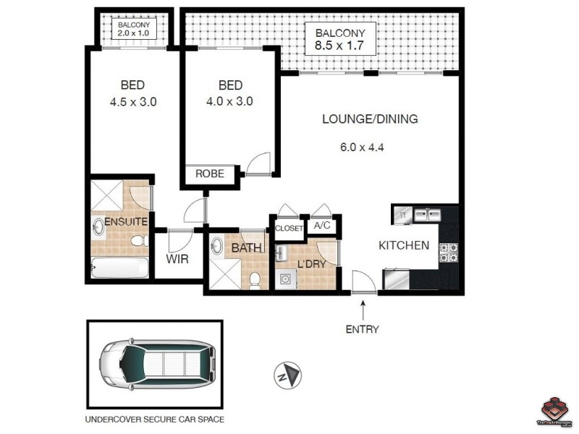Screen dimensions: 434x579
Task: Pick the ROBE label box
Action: coord(210,174)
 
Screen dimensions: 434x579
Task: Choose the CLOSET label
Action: coord(289,229)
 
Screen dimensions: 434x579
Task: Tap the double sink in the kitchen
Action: coord(427,215)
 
